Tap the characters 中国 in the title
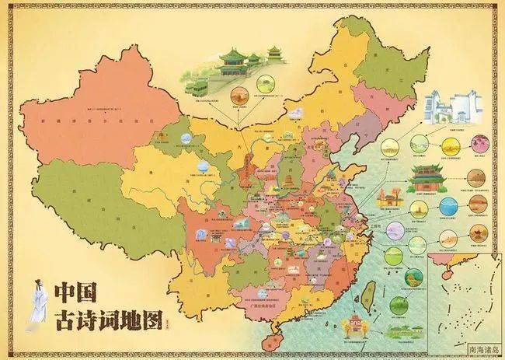point(75,294)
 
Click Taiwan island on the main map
point(362,295)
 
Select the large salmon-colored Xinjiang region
point(85,124)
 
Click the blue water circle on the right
point(449,206)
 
